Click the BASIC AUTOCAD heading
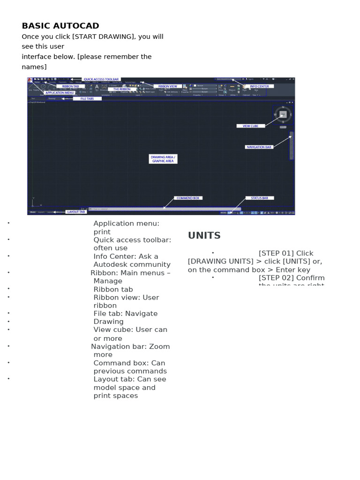point(60,26)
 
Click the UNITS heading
point(204,235)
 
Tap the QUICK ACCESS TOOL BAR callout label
point(101,79)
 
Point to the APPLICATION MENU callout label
point(60,93)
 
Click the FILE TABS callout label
point(87,98)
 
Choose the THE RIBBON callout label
point(122,89)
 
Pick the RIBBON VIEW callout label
point(167,86)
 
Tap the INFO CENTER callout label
point(259,86)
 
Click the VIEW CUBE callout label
point(251,126)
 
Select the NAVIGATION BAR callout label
point(259,147)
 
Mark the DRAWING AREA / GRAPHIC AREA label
point(163,159)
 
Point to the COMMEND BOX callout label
point(187,198)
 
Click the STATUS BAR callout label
point(259,198)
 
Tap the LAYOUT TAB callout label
point(76,212)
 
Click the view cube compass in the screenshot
point(283,114)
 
